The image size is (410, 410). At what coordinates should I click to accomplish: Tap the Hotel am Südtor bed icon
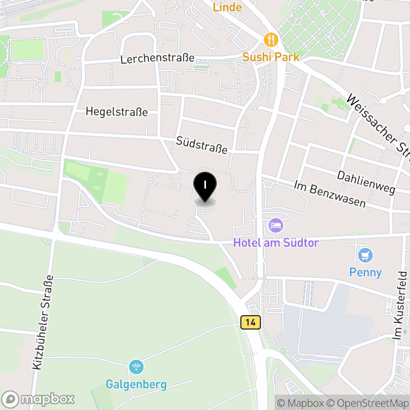pyautogui.click(x=276, y=225)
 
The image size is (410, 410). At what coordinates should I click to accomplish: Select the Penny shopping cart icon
pyautogui.click(x=365, y=255)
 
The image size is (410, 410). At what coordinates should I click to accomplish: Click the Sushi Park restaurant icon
pyautogui.click(x=271, y=39)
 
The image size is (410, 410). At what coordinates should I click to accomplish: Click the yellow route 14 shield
pyautogui.click(x=250, y=322)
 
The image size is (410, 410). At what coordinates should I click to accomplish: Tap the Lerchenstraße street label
pyautogui.click(x=157, y=58)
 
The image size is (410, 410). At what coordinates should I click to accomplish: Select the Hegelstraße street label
pyautogui.click(x=117, y=111)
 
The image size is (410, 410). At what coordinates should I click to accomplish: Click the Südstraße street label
pyautogui.click(x=201, y=145)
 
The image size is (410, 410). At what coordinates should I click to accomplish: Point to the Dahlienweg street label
pyautogui.click(x=366, y=182)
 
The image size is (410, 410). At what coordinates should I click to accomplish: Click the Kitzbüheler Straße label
pyautogui.click(x=43, y=322)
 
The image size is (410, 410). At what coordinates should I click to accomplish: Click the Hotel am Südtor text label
pyautogui.click(x=276, y=242)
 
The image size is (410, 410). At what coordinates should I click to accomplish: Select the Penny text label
pyautogui.click(x=365, y=272)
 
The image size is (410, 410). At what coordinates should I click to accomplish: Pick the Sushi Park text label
pyautogui.click(x=271, y=56)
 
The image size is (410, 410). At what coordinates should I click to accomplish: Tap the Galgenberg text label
pyautogui.click(x=136, y=384)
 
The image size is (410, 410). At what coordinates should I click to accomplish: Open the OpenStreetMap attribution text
pyautogui.click(x=367, y=403)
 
